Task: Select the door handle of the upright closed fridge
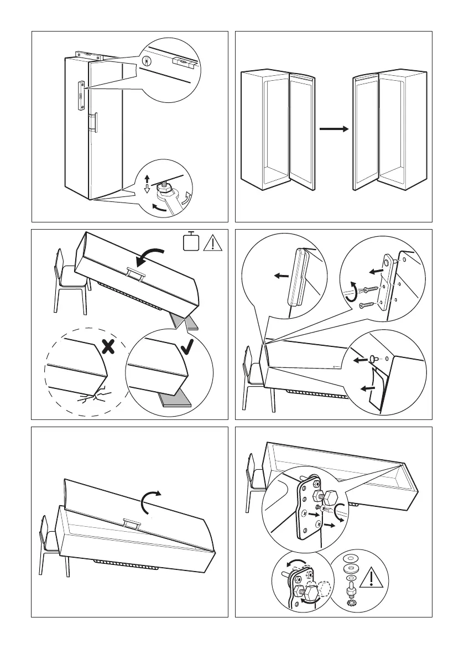click(x=95, y=122)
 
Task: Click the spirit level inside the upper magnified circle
click(x=183, y=62)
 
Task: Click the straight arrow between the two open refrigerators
click(x=333, y=129)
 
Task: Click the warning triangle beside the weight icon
click(x=212, y=242)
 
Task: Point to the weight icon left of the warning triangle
click(x=191, y=242)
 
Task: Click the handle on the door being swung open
click(x=131, y=522)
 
